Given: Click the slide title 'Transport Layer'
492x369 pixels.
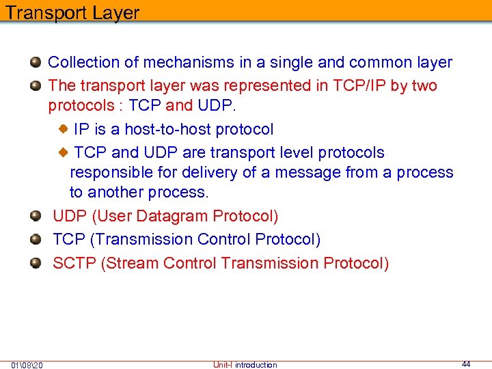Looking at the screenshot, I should click(x=72, y=12).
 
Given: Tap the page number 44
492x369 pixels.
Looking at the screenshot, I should click(x=466, y=364).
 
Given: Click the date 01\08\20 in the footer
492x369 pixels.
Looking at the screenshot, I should click(x=27, y=365).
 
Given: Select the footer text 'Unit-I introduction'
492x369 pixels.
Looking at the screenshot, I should click(x=245, y=365).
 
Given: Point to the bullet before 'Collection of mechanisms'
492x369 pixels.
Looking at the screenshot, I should click(x=36, y=63).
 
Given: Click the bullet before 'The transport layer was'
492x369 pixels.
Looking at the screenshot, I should click(x=36, y=86).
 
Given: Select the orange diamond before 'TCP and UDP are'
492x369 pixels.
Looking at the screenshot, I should click(x=62, y=152).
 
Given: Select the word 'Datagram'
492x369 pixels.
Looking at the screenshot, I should click(x=172, y=217).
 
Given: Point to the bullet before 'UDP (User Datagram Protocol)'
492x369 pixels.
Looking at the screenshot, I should click(x=36, y=217).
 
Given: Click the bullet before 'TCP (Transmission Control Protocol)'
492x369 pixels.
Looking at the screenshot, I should click(x=36, y=240).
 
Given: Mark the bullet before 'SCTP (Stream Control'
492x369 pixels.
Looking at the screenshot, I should click(x=36, y=263).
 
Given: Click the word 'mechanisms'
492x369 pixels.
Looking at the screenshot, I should click(x=190, y=62).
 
